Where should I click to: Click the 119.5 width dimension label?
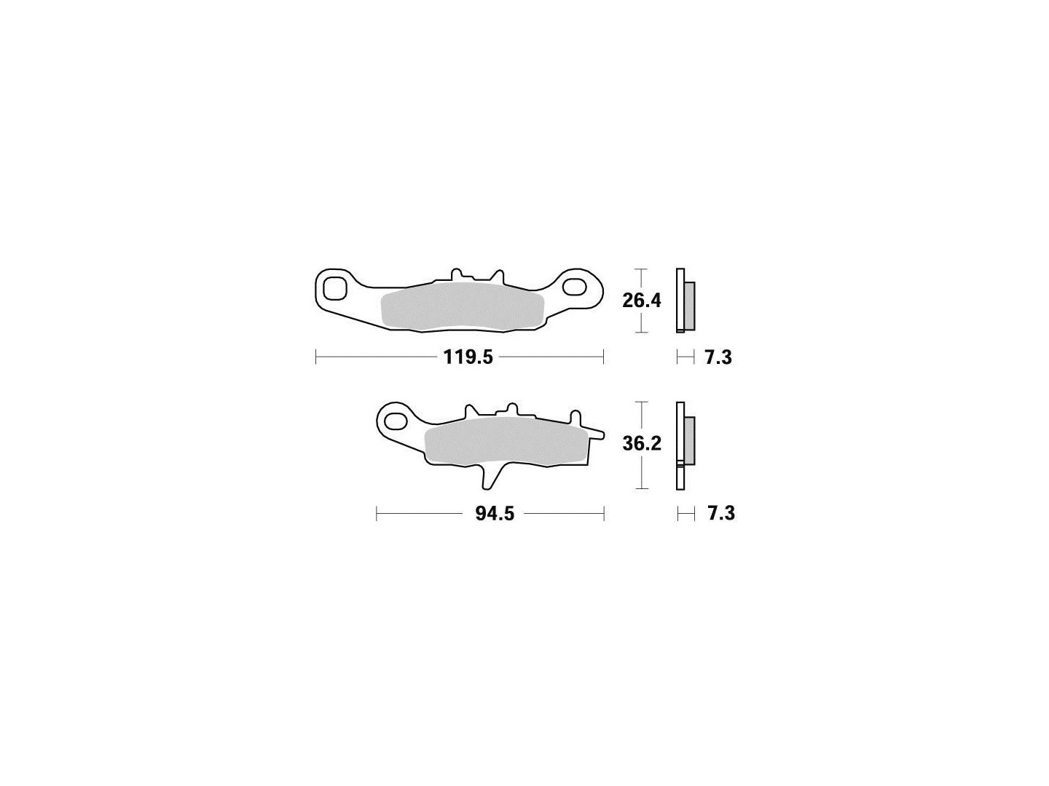tap(468, 357)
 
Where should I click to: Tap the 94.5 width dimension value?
tap(495, 514)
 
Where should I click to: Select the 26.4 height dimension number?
tap(641, 301)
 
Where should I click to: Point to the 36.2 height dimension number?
tap(642, 444)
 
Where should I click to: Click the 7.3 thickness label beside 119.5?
tap(718, 357)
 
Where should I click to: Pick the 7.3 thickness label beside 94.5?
tap(721, 514)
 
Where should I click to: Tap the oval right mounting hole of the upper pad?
tap(573, 287)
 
